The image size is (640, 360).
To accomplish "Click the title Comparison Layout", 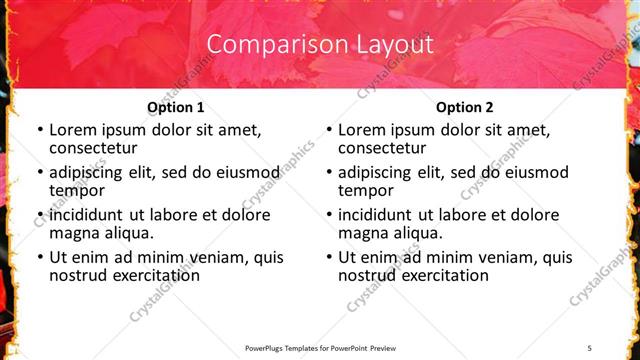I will [320, 44].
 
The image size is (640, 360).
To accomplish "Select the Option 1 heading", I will [175, 107].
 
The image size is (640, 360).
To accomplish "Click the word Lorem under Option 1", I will [73, 130].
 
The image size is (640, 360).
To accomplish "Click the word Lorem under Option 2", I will [362, 130].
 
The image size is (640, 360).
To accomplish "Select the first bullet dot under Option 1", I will [39, 131].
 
